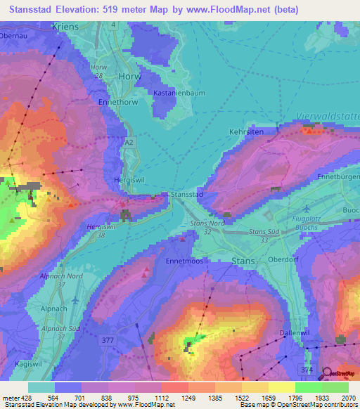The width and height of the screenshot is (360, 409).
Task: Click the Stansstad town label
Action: click(x=187, y=195)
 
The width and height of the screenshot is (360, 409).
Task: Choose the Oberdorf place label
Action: click(x=285, y=259)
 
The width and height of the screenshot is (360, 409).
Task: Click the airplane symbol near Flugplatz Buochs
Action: click(x=307, y=209)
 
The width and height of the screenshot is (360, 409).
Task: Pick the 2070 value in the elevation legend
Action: click(x=340, y=397)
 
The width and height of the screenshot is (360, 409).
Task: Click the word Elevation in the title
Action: click(x=87, y=10)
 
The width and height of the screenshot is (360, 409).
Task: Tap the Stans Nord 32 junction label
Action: click(x=207, y=226)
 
